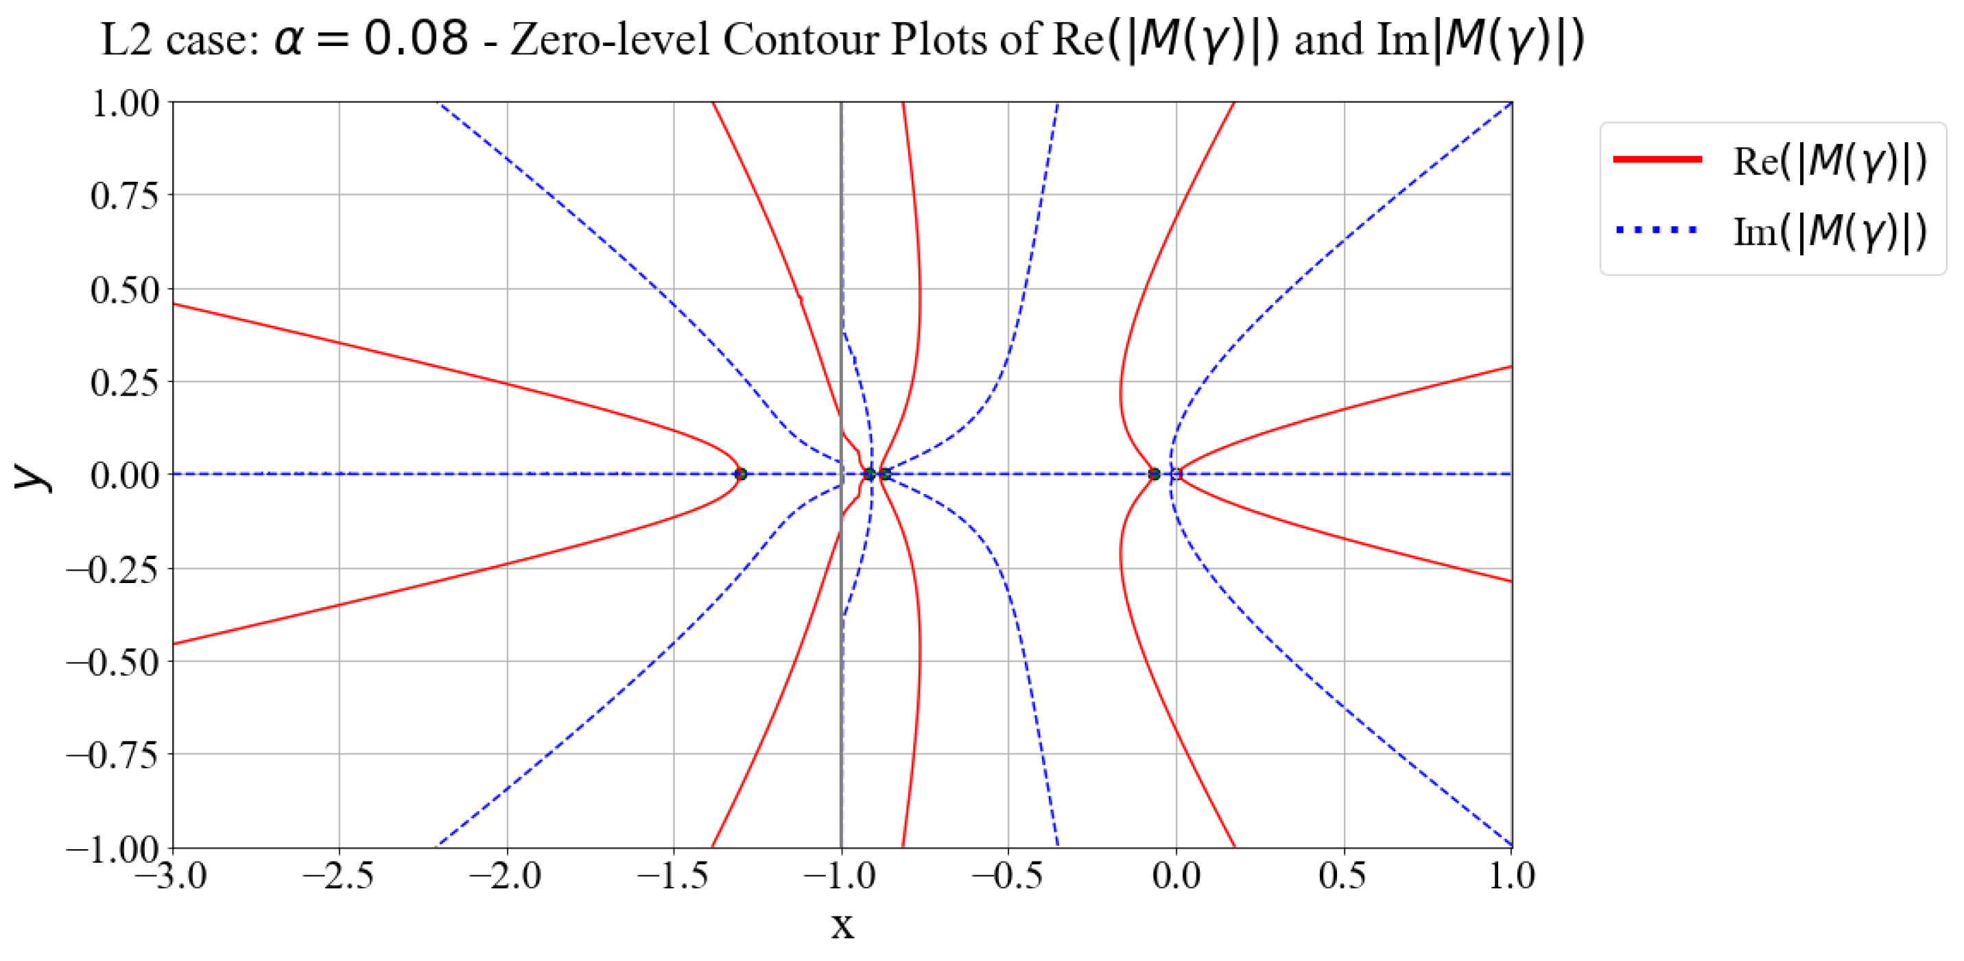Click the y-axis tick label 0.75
124,196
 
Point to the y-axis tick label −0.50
113,662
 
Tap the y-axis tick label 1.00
124,103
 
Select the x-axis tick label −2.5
338,877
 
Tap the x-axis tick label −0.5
1007,877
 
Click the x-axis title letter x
842,925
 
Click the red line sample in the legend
1657,159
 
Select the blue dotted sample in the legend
1657,229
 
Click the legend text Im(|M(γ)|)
1829,231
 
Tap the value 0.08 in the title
416,38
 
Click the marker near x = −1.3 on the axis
740,474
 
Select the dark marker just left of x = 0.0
1155,474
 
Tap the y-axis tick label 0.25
124,383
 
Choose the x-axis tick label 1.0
1512,877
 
